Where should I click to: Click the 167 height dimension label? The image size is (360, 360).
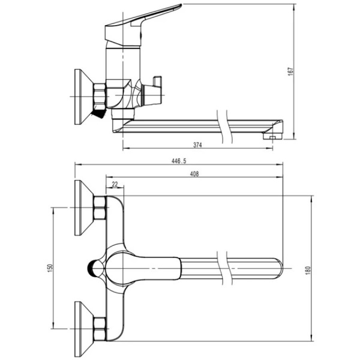click(x=290, y=71)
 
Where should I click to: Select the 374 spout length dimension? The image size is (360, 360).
click(x=197, y=145)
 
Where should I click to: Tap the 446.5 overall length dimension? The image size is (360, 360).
click(x=179, y=161)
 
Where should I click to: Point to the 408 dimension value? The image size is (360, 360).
click(x=194, y=174)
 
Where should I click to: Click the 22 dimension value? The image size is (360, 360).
click(x=115, y=184)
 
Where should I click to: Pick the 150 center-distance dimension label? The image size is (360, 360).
click(x=50, y=268)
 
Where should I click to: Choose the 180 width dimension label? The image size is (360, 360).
click(x=308, y=270)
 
